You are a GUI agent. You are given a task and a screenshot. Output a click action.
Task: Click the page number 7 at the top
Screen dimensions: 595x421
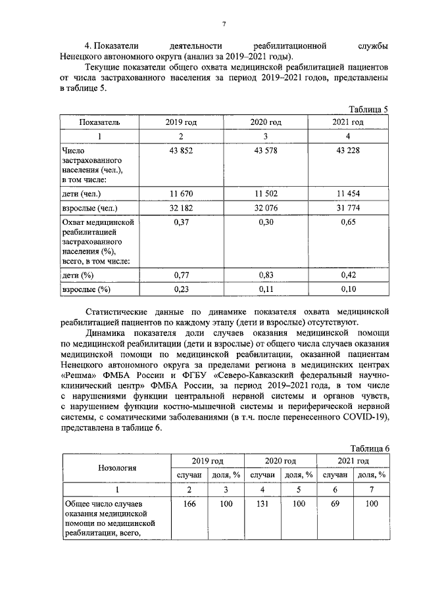(224, 24)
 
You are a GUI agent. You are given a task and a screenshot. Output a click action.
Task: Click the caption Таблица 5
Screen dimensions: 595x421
(368, 109)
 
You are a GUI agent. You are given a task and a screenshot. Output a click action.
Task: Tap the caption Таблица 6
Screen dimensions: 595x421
(368, 448)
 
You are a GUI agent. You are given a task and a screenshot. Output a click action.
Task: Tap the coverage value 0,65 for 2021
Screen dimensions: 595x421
(349, 224)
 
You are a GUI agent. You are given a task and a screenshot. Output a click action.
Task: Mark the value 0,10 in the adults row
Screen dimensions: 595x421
(349, 289)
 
